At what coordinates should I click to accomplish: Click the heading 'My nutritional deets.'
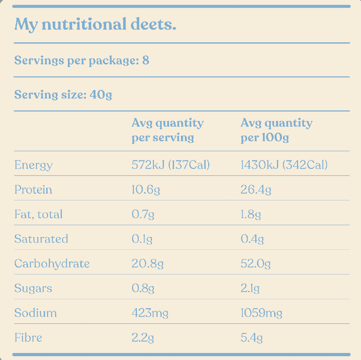click(95, 25)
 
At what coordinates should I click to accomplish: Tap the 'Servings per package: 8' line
click(82, 60)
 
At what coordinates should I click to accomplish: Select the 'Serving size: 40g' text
click(63, 95)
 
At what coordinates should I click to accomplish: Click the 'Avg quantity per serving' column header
click(168, 130)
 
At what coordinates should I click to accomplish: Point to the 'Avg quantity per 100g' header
click(276, 130)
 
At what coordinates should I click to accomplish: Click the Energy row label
click(33, 165)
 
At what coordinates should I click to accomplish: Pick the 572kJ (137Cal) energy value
click(171, 165)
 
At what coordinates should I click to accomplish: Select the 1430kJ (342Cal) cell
click(284, 165)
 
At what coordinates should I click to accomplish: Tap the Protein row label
click(33, 190)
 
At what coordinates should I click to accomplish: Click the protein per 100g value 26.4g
click(256, 190)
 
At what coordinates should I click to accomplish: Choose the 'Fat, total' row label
click(38, 214)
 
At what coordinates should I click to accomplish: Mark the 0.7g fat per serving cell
click(143, 214)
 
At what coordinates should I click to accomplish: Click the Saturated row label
click(41, 239)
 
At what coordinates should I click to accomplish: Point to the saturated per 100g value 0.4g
click(252, 239)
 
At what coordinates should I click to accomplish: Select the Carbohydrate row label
click(52, 264)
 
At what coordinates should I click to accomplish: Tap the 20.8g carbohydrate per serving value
click(148, 264)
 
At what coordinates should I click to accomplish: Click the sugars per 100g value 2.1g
click(250, 289)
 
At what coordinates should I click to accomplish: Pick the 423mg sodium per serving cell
click(150, 313)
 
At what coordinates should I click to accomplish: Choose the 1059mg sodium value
click(261, 313)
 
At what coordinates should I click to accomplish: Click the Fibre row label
click(28, 337)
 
